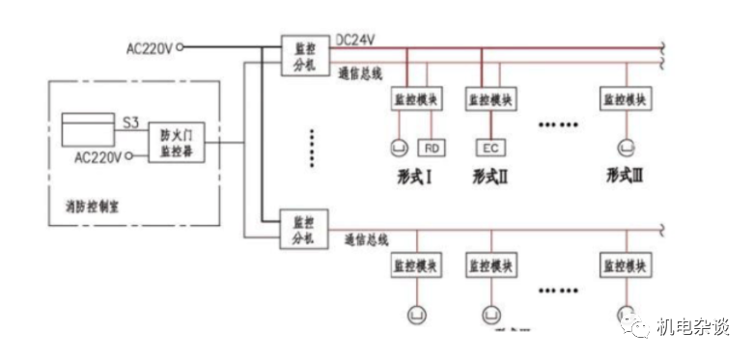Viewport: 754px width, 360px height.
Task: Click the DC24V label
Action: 354,40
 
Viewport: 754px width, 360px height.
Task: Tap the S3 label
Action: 130,122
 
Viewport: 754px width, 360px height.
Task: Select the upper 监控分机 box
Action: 298,53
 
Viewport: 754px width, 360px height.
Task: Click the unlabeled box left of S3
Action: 88,128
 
